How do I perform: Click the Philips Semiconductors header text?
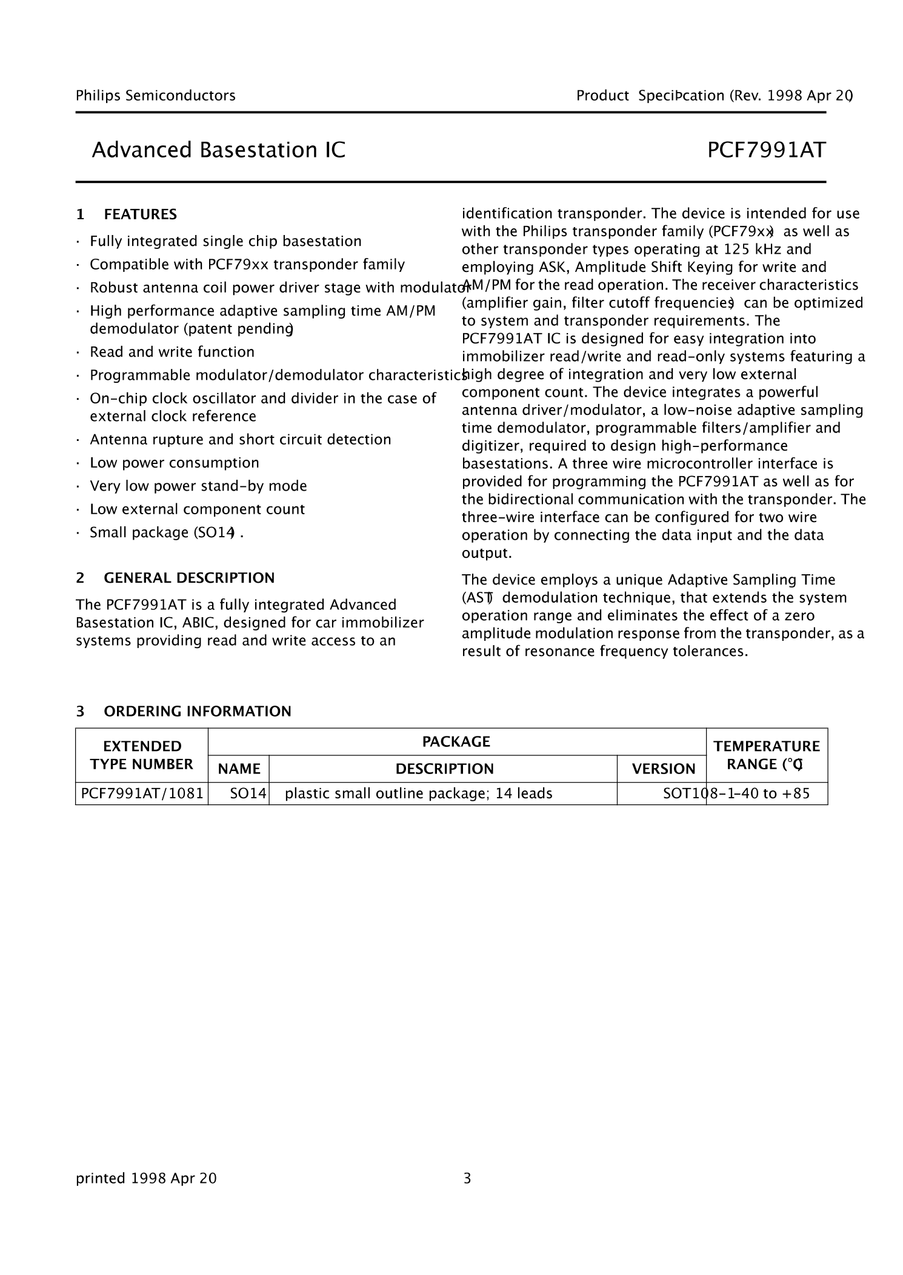[155, 95]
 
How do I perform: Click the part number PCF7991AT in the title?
[766, 150]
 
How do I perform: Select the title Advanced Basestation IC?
[218, 150]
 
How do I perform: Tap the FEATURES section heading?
[140, 214]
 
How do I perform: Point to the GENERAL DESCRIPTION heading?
[189, 578]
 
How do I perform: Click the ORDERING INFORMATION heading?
[197, 711]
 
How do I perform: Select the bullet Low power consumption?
[174, 463]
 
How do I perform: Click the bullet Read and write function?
[172, 352]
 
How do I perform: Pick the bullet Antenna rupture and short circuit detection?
[240, 439]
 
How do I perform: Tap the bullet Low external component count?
[197, 509]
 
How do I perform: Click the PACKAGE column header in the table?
[456, 741]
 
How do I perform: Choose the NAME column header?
[239, 769]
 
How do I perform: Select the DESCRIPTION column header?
[444, 769]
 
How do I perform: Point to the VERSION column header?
[663, 769]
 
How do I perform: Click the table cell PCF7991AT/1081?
[142, 793]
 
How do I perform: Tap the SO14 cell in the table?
[248, 793]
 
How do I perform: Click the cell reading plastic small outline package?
[418, 793]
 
